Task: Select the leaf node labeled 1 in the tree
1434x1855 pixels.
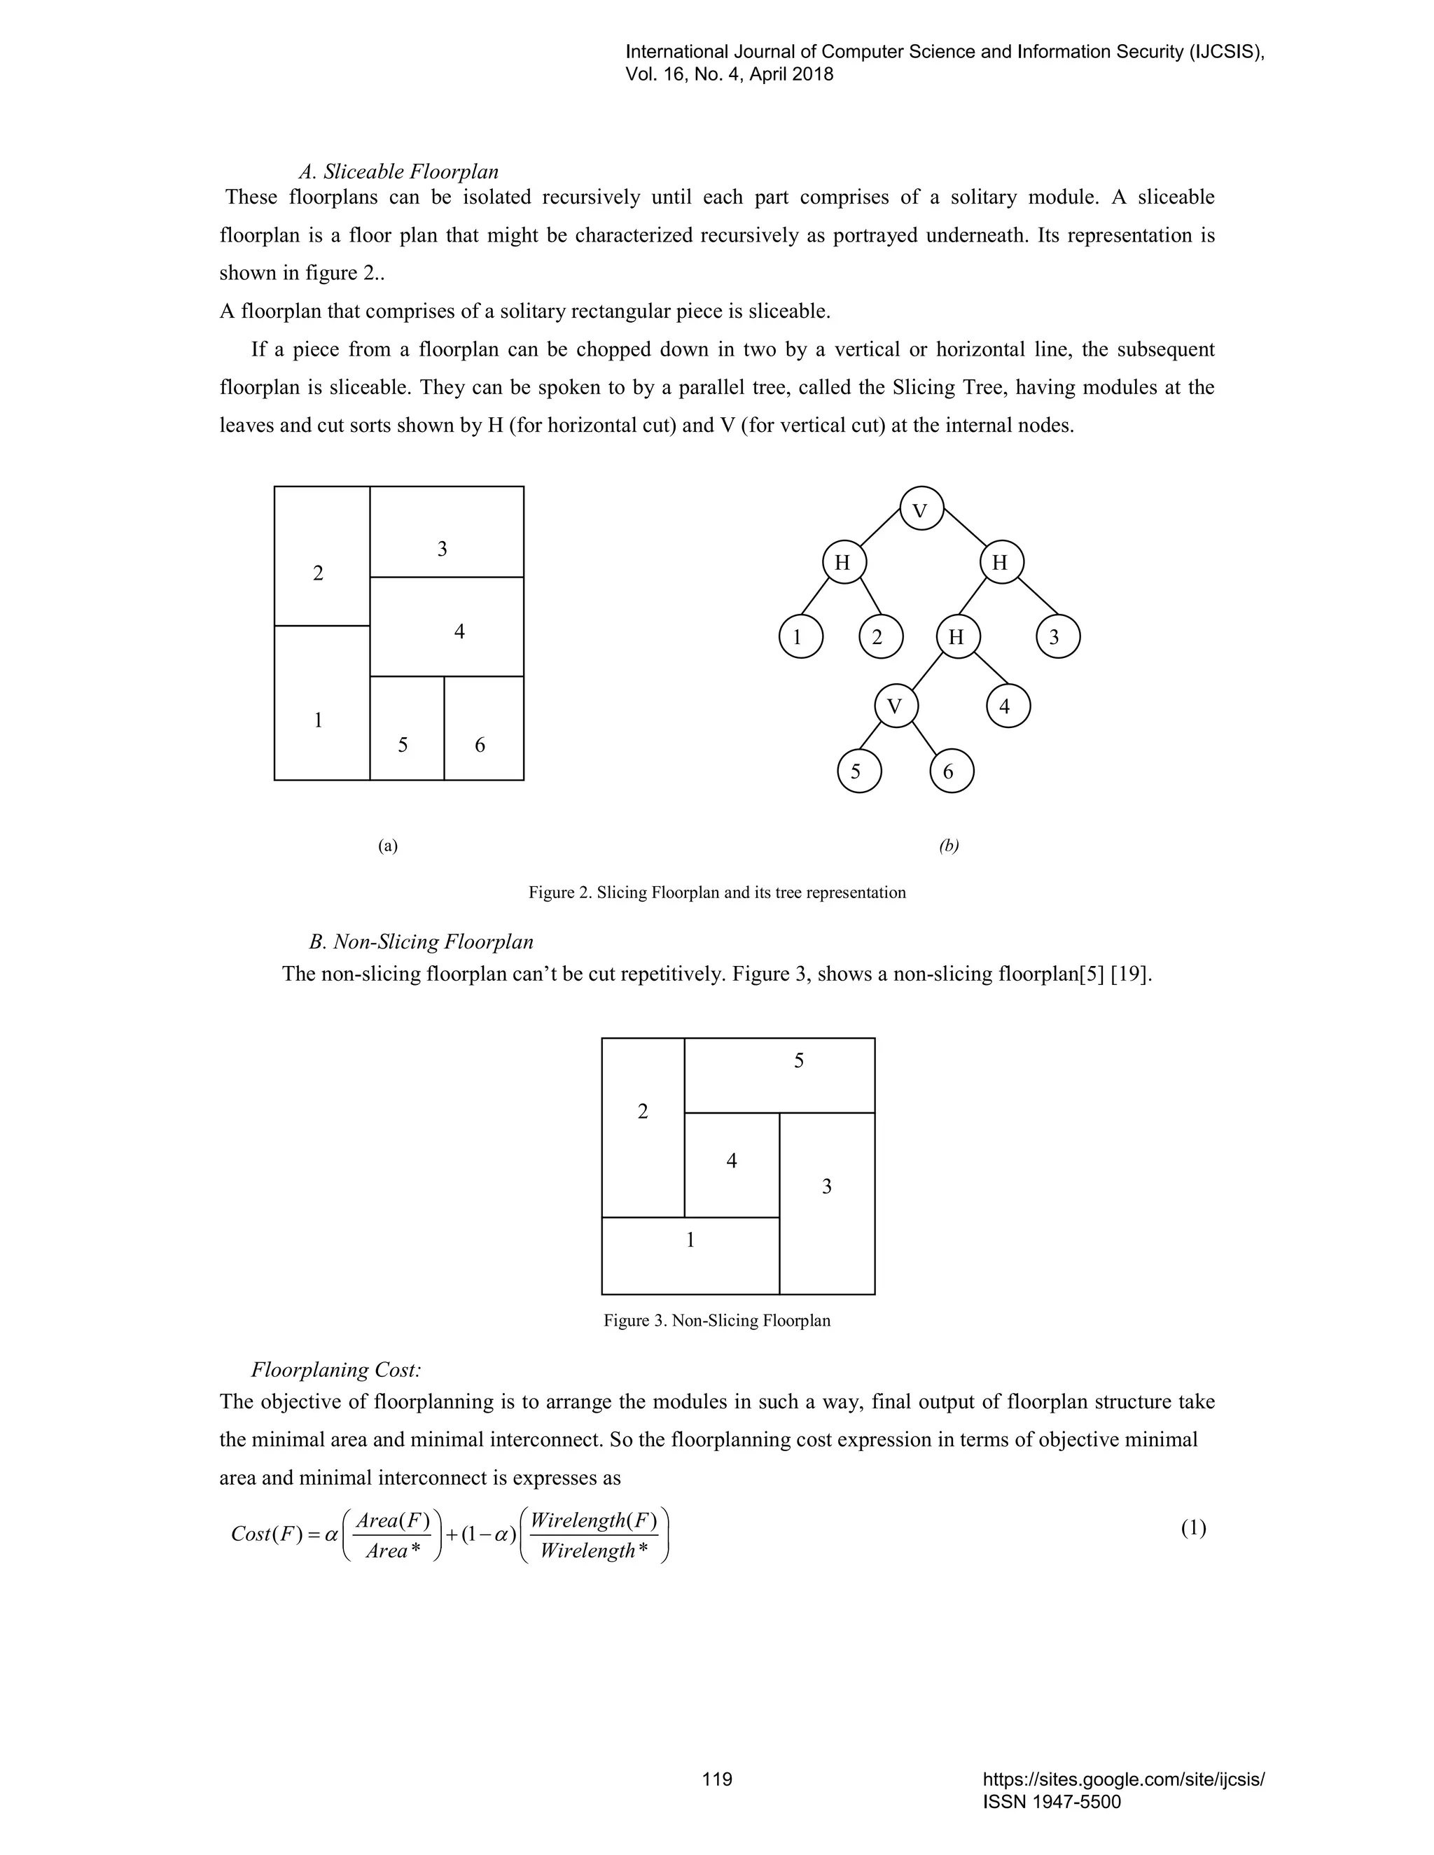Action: pyautogui.click(x=800, y=637)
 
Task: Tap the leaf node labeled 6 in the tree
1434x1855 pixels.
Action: pyautogui.click(x=951, y=771)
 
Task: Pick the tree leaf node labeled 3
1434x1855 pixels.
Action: pyautogui.click(x=1058, y=637)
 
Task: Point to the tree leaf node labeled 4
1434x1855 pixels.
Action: pyautogui.click(x=1008, y=706)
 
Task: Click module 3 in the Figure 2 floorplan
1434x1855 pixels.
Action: pyautogui.click(x=447, y=533)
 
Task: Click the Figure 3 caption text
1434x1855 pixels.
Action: pyautogui.click(x=717, y=1321)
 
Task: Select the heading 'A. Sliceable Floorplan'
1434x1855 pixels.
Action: pyautogui.click(x=398, y=172)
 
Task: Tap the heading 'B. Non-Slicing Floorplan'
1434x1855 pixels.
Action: pyautogui.click(x=422, y=942)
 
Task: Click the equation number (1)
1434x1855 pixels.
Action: pyautogui.click(x=1192, y=1529)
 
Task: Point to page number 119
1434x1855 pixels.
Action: pyautogui.click(x=717, y=1779)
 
